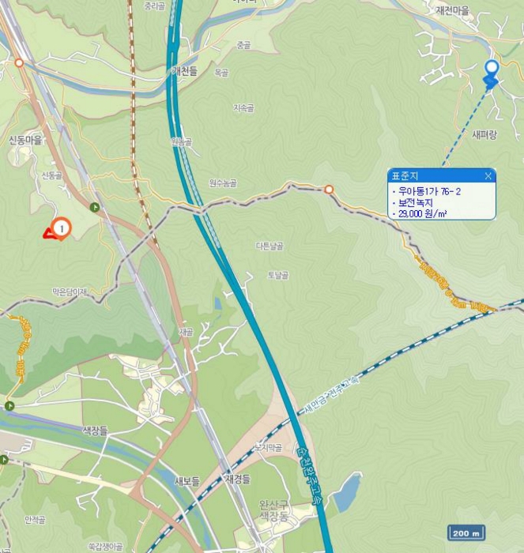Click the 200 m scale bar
coord(466,532)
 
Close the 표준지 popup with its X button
coord(488,176)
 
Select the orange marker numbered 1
coord(62,228)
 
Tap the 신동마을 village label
coord(25,140)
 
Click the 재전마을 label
coord(453,10)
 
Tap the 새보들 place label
coord(187,481)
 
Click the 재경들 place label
coord(237,479)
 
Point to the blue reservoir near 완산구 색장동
coord(346,492)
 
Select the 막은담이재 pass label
coord(70,292)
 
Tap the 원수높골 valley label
coord(223,183)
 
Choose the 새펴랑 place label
coord(484,135)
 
